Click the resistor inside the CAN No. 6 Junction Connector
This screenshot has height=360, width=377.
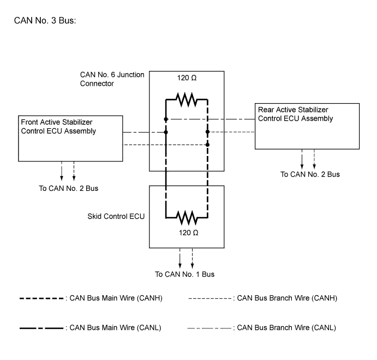point(186,100)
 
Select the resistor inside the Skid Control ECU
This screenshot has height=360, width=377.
point(186,219)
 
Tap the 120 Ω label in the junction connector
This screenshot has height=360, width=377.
point(186,78)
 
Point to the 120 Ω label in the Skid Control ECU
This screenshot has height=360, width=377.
point(186,232)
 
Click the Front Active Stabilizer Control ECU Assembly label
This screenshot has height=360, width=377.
point(58,127)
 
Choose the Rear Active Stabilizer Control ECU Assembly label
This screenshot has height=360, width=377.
point(295,113)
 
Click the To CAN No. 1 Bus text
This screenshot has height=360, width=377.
point(185,273)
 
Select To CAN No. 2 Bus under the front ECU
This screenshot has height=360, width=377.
point(68,188)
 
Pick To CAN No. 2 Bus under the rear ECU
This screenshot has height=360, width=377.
point(310,175)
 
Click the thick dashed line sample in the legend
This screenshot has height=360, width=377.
point(41,298)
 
